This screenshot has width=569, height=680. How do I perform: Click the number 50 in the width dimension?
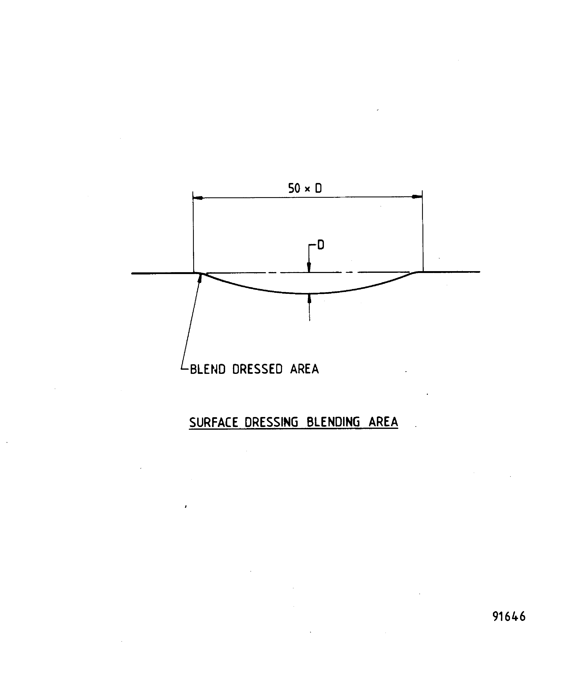pyautogui.click(x=294, y=188)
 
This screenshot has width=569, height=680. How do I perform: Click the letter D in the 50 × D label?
pyautogui.click(x=318, y=188)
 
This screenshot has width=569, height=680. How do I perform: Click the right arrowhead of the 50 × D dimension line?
pyautogui.click(x=417, y=197)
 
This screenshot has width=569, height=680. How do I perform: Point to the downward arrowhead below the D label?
pyautogui.click(x=309, y=267)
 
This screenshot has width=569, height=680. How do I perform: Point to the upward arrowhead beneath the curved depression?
pyautogui.click(x=309, y=298)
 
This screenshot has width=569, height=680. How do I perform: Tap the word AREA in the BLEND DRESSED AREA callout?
pyautogui.click(x=305, y=369)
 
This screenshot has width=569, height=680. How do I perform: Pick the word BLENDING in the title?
pyautogui.click(x=333, y=422)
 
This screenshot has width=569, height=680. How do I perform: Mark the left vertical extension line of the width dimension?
pyautogui.click(x=193, y=233)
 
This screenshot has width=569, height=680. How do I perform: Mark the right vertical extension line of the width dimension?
pyautogui.click(x=422, y=233)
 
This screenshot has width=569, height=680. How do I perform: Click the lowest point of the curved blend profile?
pyautogui.click(x=309, y=293)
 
